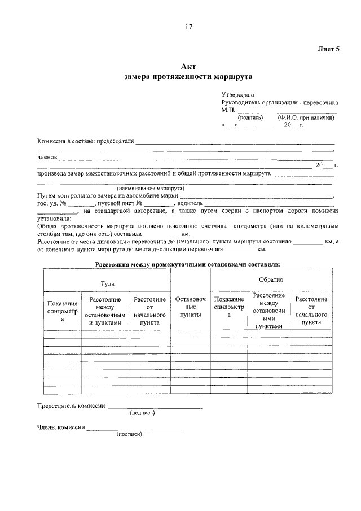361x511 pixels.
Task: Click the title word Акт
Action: [x=188, y=67]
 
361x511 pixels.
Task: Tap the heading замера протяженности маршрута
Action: [x=188, y=76]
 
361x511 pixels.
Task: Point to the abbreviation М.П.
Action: [x=228, y=111]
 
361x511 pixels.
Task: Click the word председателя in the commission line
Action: [x=115, y=141]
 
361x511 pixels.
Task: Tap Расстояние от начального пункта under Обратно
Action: [x=311, y=310]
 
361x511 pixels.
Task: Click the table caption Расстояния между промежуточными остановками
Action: [x=188, y=264]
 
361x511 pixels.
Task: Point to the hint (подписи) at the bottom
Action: [x=130, y=434]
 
